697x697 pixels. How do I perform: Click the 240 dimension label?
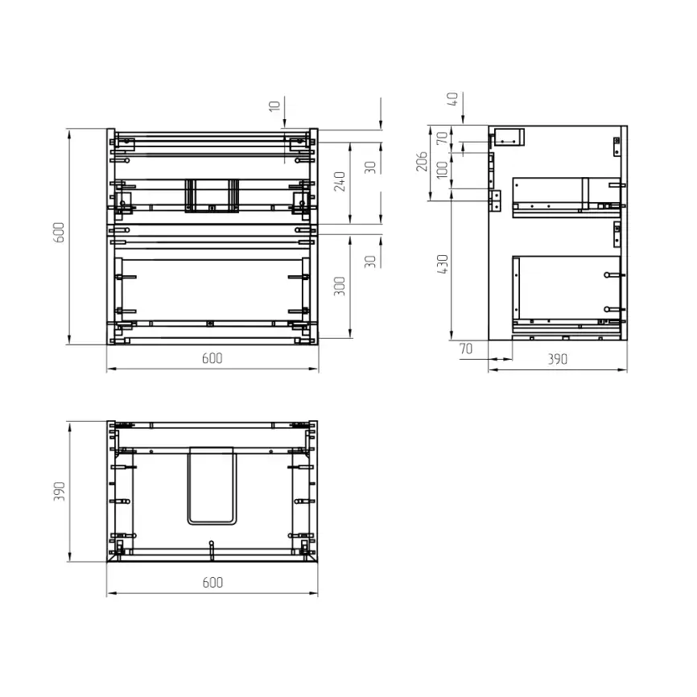point(340,181)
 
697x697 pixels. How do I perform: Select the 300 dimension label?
point(340,287)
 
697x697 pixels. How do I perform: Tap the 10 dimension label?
point(274,105)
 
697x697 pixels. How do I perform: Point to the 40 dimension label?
point(452,99)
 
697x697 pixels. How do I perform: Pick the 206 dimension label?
point(422,161)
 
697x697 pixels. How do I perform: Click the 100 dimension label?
point(443,170)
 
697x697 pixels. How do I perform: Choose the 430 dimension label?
point(443,264)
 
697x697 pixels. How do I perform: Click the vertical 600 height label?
point(59,233)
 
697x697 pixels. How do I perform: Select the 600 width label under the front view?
point(212,358)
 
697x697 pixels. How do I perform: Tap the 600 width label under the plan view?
point(212,583)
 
